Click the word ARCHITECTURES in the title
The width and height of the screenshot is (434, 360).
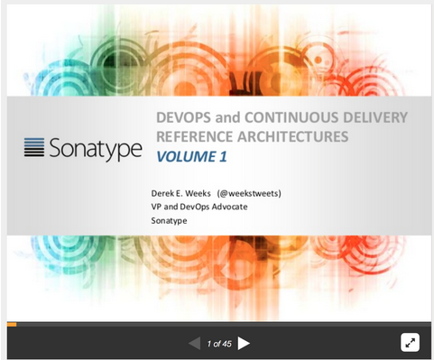pyautogui.click(x=296, y=136)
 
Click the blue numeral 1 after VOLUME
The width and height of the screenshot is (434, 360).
pyautogui.click(x=222, y=156)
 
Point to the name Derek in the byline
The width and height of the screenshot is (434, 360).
pyautogui.click(x=164, y=192)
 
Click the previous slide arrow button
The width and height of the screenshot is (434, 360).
pyautogui.click(x=194, y=343)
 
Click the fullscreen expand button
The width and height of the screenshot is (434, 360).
pyautogui.click(x=410, y=343)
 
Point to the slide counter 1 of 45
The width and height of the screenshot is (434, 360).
pyautogui.click(x=218, y=344)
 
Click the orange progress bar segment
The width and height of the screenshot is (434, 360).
pyautogui.click(x=12, y=323)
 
